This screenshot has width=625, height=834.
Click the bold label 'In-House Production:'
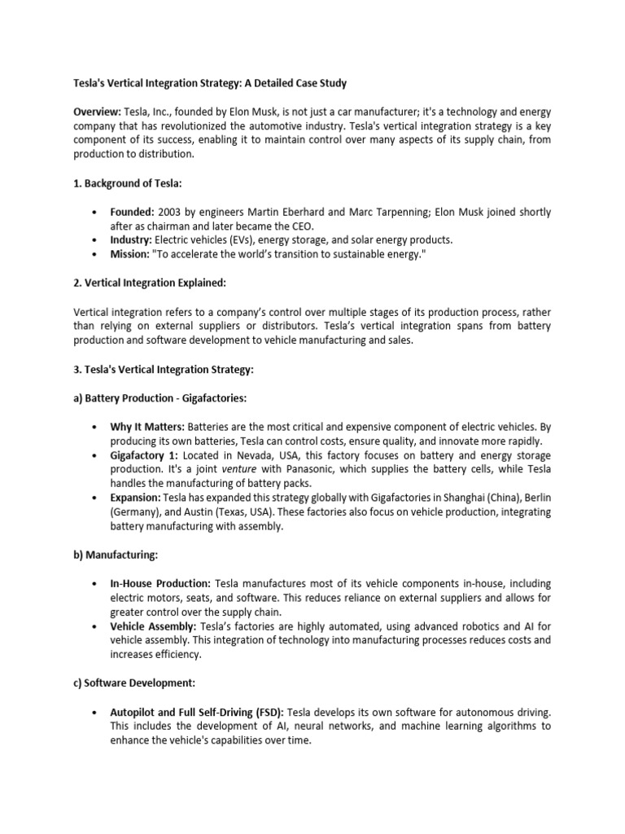pyautogui.click(x=160, y=584)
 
